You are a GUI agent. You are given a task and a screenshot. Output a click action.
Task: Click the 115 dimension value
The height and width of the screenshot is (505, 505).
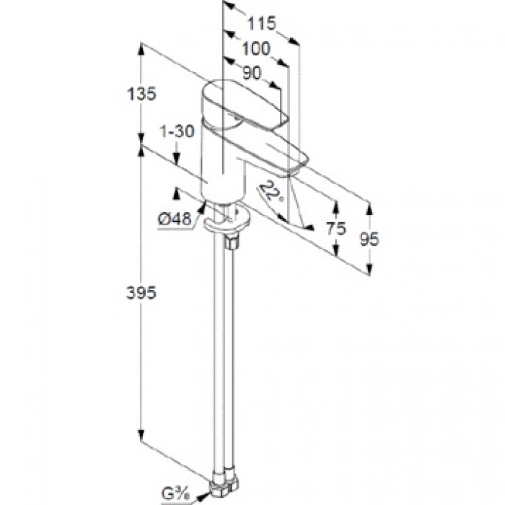[262, 24]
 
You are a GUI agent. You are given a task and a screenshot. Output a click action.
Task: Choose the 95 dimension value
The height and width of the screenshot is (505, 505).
[369, 238]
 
